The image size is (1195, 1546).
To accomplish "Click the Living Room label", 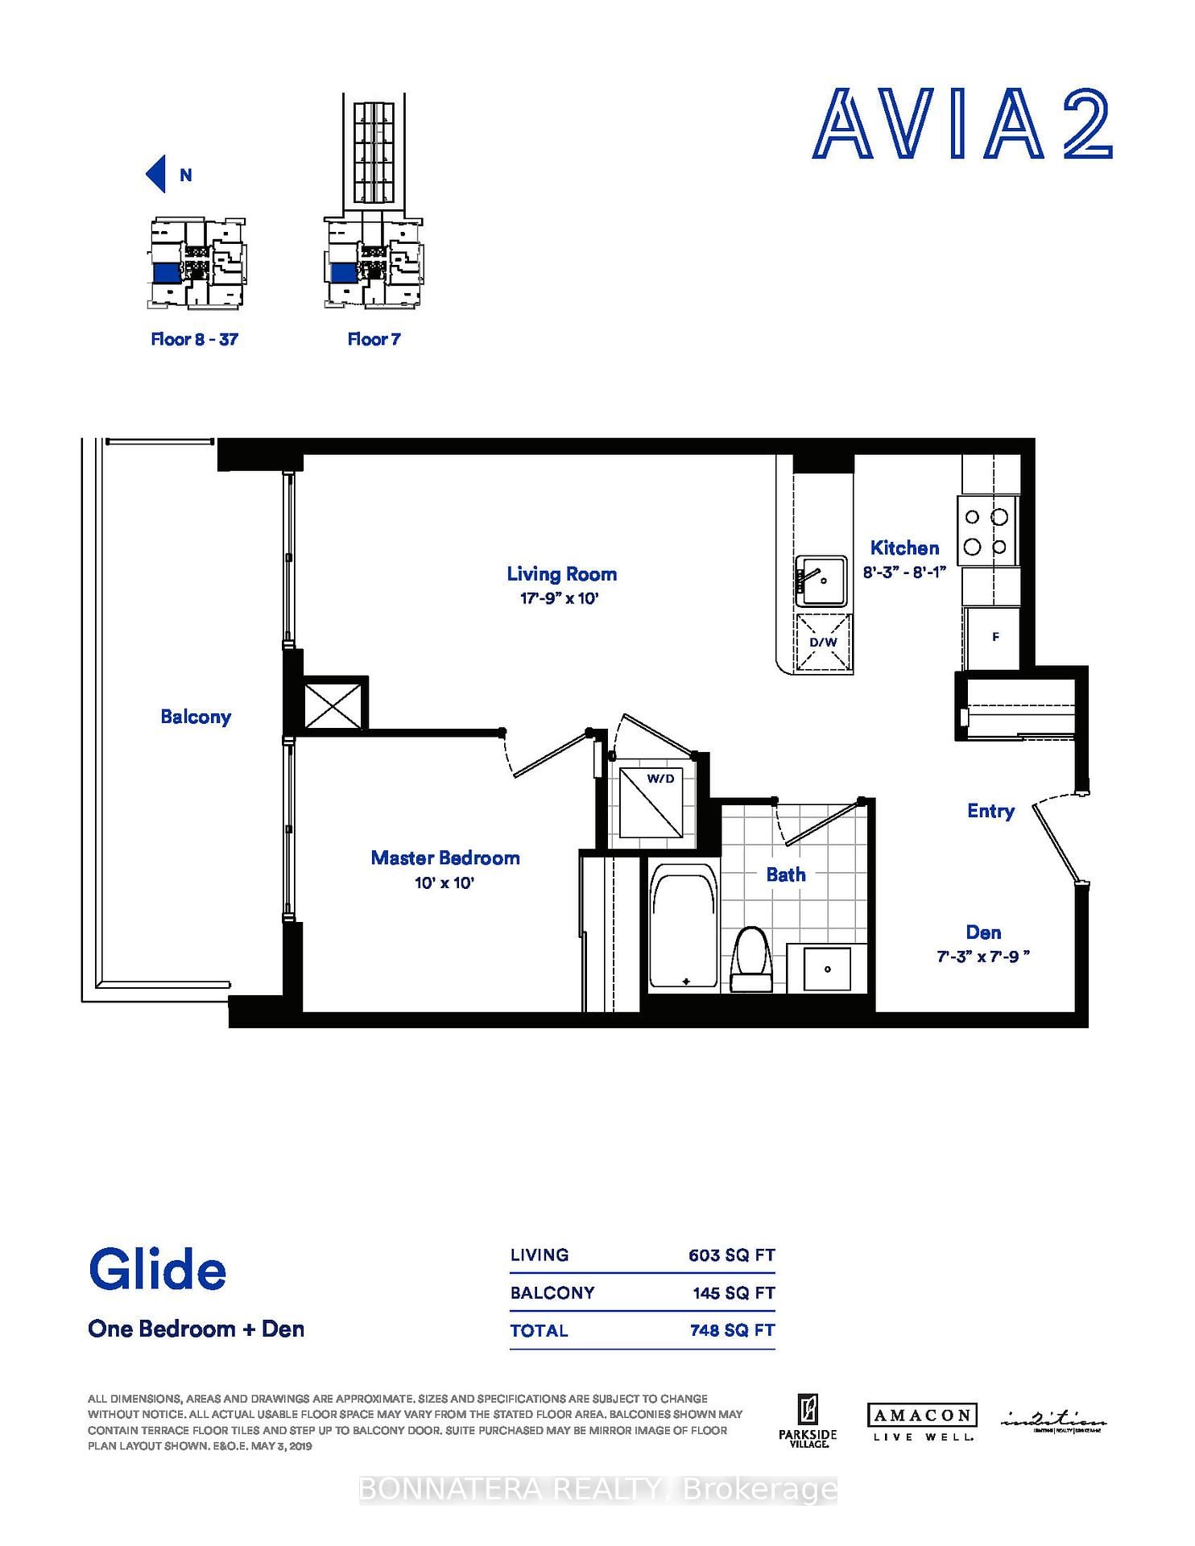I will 561,574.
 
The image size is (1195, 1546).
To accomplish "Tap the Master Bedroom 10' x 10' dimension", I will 445,883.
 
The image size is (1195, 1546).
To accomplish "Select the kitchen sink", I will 821,581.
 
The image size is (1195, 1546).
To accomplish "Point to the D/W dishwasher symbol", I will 823,643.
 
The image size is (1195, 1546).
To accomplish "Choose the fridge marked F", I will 994,637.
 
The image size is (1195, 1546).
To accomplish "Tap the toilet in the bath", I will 751,958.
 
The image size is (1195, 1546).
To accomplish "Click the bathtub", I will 684,926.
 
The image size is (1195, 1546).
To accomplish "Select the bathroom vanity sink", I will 827,969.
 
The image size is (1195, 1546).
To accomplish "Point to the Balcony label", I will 196,717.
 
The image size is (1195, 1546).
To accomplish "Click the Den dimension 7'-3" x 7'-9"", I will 983,957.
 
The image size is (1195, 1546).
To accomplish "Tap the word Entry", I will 990,811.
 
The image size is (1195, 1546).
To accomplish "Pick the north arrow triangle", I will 156,174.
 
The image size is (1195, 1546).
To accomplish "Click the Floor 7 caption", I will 374,339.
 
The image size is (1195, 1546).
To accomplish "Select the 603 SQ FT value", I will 731,1255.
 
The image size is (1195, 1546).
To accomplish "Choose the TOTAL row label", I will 539,1331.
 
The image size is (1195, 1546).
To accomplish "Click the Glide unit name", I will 158,1270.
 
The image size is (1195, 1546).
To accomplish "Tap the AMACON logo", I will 922,1415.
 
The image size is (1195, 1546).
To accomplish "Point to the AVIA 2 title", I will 962,126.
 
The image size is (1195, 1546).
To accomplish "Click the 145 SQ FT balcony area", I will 733,1293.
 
